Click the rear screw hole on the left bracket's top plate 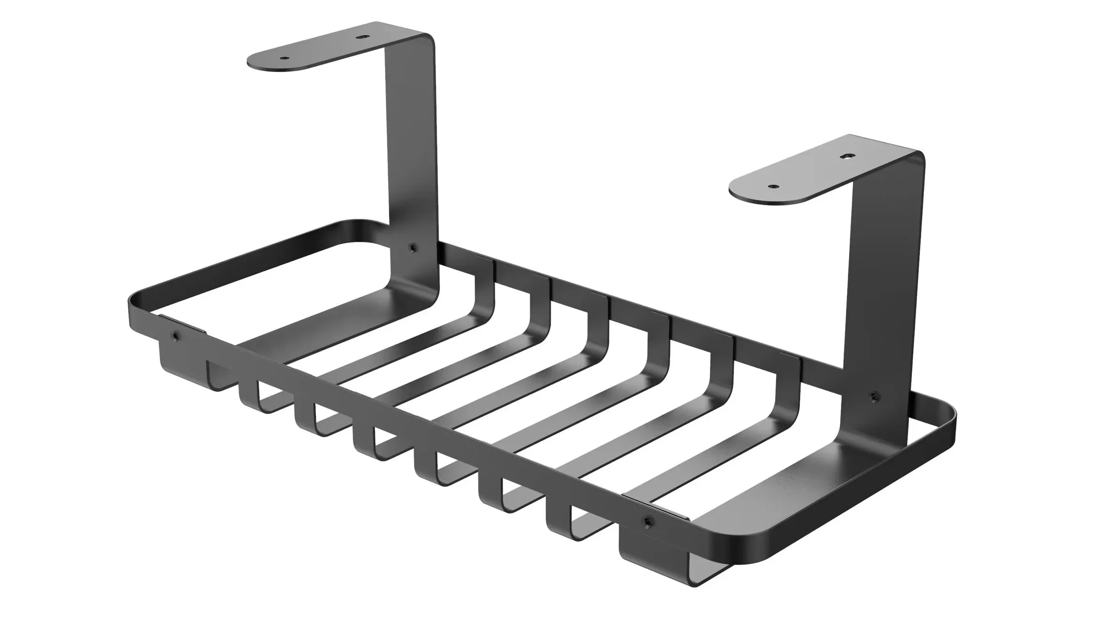point(361,36)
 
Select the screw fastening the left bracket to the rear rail point(413,248)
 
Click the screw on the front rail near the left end point(176,335)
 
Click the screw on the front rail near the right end point(648,521)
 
